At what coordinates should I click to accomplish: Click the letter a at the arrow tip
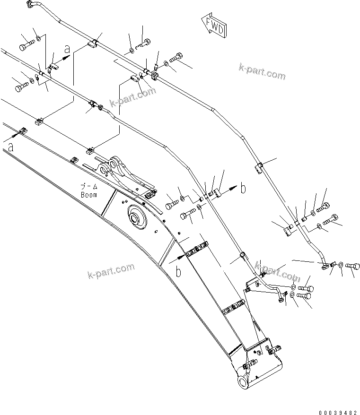[x=68, y=49]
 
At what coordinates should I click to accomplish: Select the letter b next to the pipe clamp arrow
[x=243, y=189]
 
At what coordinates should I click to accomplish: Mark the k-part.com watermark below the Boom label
[x=111, y=271]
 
